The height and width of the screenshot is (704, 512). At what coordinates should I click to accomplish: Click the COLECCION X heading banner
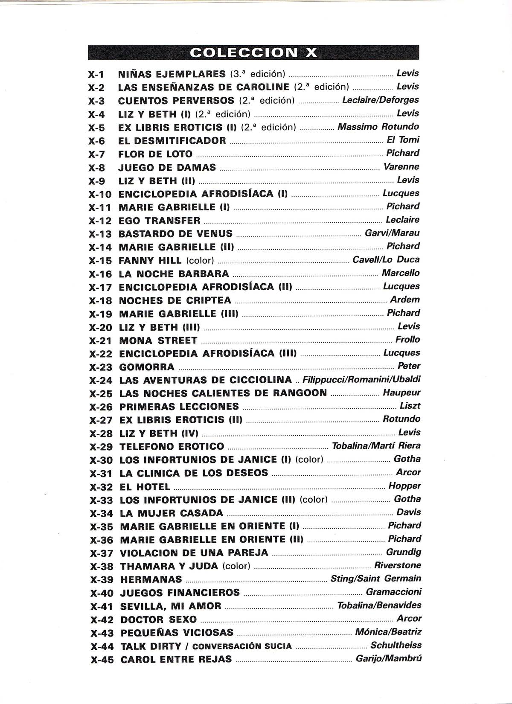click(x=253, y=52)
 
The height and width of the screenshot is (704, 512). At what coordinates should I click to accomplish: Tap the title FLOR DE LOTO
click(x=155, y=154)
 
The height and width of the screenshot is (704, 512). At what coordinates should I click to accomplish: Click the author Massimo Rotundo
click(x=378, y=126)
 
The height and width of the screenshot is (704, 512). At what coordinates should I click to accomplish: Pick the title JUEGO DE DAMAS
click(x=167, y=167)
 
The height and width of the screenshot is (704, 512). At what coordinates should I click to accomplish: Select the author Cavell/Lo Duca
click(x=386, y=259)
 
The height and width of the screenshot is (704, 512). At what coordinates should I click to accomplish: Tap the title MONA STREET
click(x=158, y=340)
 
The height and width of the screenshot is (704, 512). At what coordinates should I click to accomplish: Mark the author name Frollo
click(x=407, y=340)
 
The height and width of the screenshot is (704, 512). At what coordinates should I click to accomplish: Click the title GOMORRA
click(x=147, y=367)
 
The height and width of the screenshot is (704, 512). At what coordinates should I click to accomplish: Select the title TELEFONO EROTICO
click(x=172, y=447)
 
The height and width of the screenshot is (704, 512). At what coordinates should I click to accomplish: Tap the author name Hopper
click(x=404, y=486)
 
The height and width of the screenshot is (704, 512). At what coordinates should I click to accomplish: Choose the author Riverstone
click(x=397, y=565)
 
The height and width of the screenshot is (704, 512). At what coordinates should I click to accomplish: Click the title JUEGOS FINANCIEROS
click(x=180, y=593)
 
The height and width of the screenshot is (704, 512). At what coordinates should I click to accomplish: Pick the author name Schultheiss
click(x=396, y=645)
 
